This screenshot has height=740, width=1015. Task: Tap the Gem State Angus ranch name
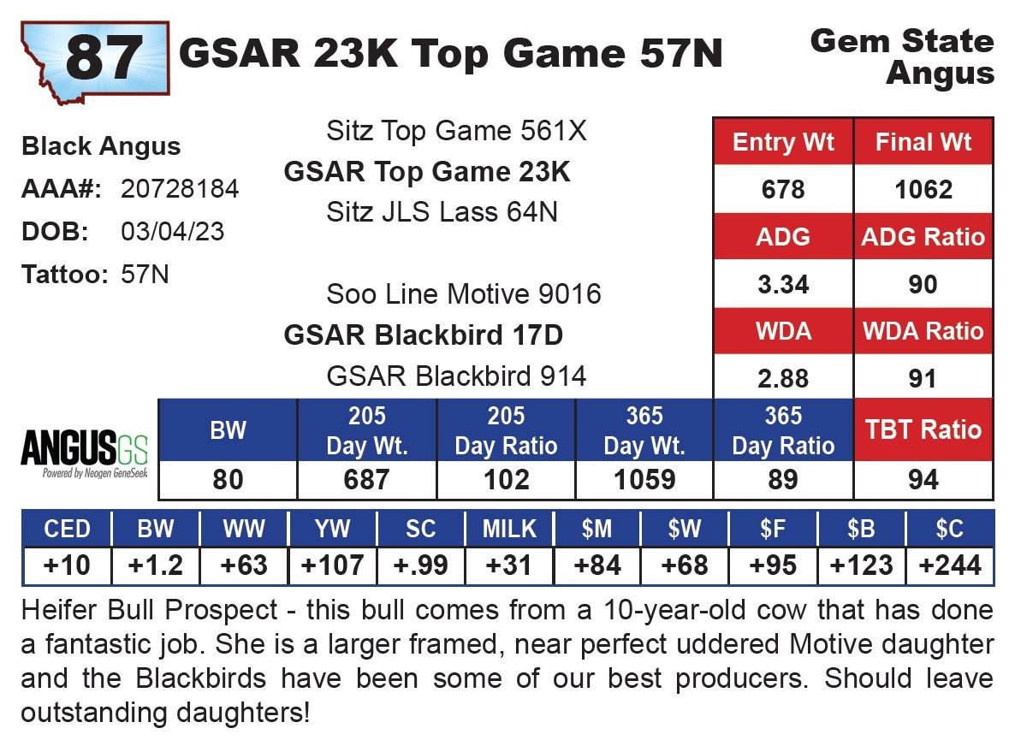click(x=902, y=56)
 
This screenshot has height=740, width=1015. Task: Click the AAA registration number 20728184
click(x=180, y=189)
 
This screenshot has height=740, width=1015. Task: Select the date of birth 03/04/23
click(x=173, y=232)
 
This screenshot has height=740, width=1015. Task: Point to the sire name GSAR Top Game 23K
click(x=427, y=172)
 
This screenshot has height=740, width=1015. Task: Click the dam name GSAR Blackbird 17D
click(x=424, y=335)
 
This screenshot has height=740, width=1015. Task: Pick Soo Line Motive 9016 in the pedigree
click(x=464, y=294)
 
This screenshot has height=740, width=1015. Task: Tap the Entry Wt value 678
click(x=783, y=189)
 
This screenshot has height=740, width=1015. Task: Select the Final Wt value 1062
click(x=923, y=189)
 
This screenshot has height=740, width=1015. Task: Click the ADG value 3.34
click(x=783, y=283)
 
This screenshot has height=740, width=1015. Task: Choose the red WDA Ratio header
click(x=923, y=331)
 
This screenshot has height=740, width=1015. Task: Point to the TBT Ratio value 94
click(x=923, y=480)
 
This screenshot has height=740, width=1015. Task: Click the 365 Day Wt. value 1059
click(x=644, y=480)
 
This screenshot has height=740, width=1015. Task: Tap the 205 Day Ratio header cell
click(x=506, y=430)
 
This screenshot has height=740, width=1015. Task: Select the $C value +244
click(x=950, y=565)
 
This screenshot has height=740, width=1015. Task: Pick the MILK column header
click(x=508, y=530)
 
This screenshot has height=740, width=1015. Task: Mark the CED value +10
click(x=67, y=565)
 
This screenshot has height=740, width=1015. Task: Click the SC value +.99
click(x=420, y=565)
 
